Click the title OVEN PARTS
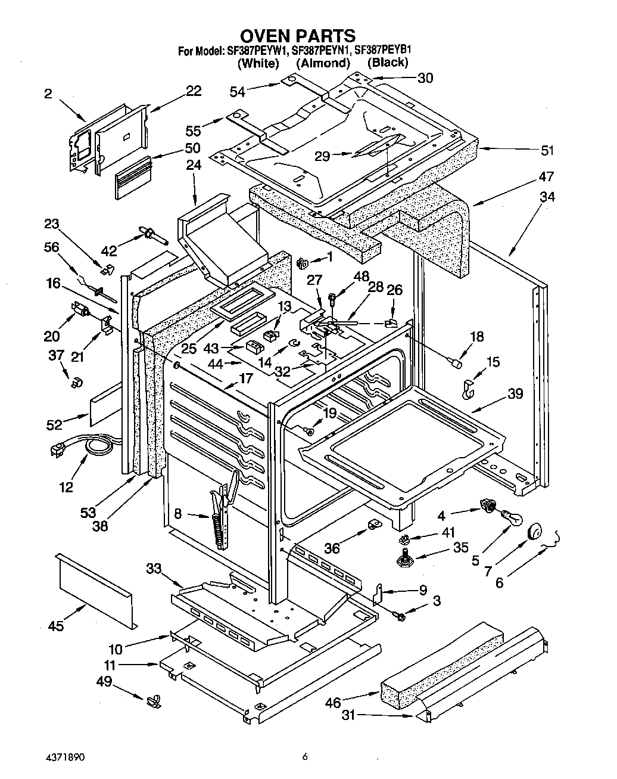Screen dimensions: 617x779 coord(298,36)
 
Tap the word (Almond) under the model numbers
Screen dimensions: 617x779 coord(323,63)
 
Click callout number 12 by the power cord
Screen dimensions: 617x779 coord(66,487)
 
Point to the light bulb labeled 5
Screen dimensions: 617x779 coord(511,519)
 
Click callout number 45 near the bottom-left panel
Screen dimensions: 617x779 coord(56,625)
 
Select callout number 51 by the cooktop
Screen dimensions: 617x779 coord(547,150)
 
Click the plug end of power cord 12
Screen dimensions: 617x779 coord(56,451)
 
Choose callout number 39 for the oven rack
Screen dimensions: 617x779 coord(515,393)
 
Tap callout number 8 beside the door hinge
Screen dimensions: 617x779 coord(177,513)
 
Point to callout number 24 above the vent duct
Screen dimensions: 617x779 coord(194,165)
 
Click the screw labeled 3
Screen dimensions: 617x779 coord(399,613)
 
